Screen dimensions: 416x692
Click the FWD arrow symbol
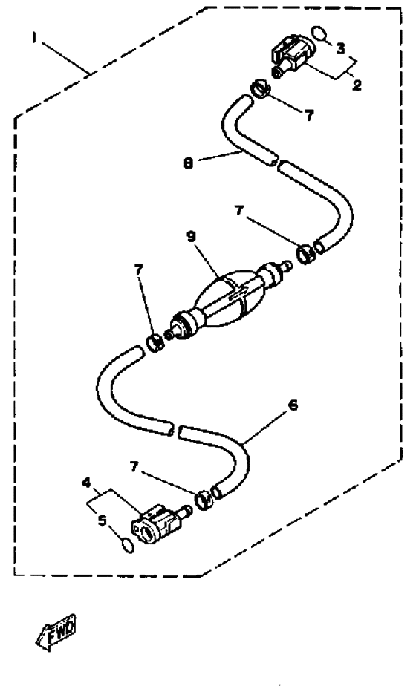[56, 633]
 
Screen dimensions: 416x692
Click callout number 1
[33, 38]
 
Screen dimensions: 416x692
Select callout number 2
[357, 85]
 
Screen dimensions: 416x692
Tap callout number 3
[340, 48]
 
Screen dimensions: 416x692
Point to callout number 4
[86, 483]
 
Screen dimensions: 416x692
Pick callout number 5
[103, 520]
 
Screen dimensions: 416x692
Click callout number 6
[293, 405]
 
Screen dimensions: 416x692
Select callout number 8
[189, 163]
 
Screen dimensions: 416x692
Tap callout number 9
[191, 237]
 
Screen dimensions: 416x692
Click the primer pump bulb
[230, 298]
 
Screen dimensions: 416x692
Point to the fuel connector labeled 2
[293, 55]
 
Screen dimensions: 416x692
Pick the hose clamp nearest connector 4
[204, 499]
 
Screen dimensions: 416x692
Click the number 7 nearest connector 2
[309, 115]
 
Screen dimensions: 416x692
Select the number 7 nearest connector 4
[134, 466]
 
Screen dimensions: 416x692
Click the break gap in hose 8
[277, 163]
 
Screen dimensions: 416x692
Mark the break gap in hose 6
[175, 429]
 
